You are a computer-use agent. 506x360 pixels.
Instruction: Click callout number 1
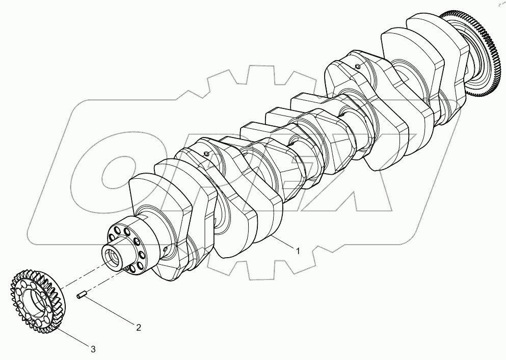pos(298,251)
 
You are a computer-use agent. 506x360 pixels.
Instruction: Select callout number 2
pos(138,327)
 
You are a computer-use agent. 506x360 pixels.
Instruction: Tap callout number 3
pos(93,349)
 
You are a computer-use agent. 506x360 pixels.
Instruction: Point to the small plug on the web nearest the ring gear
pos(358,65)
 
